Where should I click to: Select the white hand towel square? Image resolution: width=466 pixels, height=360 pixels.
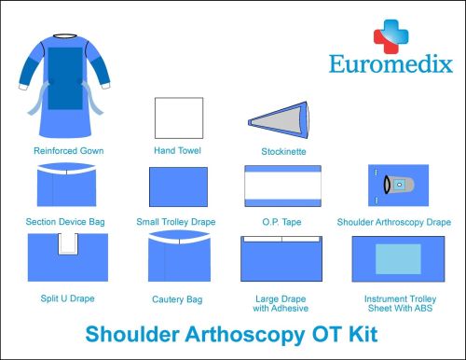pos(177,118)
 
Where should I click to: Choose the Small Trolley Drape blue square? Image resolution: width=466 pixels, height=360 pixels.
pos(177,189)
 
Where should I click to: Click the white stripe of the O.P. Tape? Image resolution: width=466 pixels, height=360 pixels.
pos(281,189)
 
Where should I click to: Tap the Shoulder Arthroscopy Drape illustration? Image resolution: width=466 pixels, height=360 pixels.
pos(392,187)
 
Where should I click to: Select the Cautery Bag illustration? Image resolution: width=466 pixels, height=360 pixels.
pos(177,257)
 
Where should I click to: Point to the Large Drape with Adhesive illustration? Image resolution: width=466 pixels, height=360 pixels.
pos(281,258)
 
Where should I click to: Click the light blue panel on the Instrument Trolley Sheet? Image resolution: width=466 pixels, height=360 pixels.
pos(392,257)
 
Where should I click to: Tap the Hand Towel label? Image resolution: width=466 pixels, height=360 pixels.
pos(177,149)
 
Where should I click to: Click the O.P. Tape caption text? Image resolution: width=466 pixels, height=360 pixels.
pos(281,223)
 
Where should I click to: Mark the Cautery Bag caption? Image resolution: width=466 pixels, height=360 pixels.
pos(177,298)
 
